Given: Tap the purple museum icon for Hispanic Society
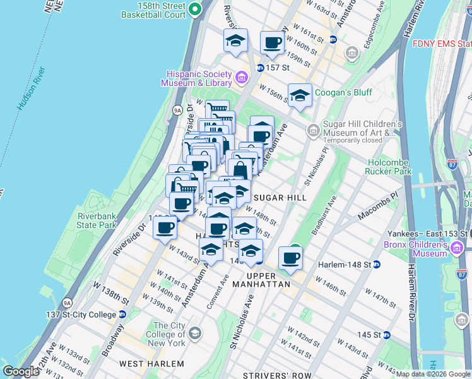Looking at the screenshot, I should point(241,78).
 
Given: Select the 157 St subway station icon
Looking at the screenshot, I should point(259,68).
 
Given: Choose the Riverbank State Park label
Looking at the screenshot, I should point(97,220).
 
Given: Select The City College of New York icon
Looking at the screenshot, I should point(195,333).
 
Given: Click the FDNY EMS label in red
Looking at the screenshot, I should point(441,44).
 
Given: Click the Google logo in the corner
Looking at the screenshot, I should point(21,371).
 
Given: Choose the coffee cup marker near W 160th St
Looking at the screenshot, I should point(272,42).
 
